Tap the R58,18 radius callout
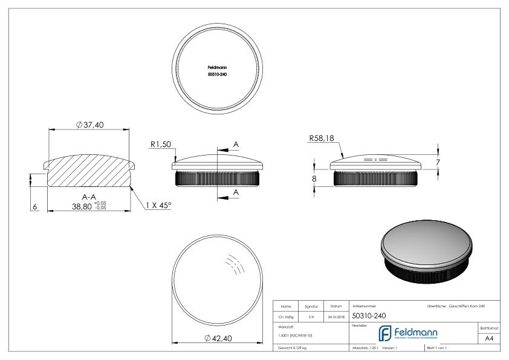pyautogui.click(x=322, y=139)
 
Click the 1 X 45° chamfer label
pyautogui.click(x=158, y=206)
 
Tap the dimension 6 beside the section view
pyautogui.click(x=34, y=206)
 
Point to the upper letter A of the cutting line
pyautogui.click(x=235, y=144)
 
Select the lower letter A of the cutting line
pyautogui.click(x=235, y=192)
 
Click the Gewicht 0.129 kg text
pyautogui.click(x=291, y=349)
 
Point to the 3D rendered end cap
pyautogui.click(x=427, y=255)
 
